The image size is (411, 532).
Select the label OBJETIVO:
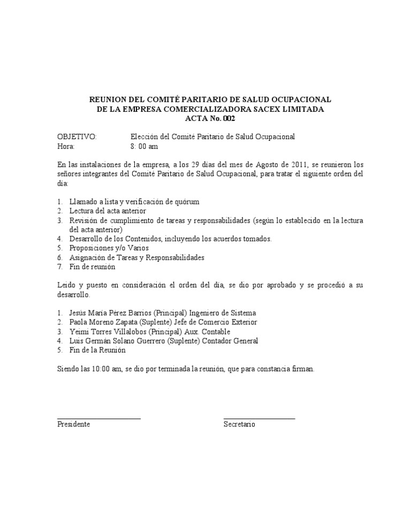[x=77, y=137]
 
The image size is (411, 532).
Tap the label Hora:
[x=66, y=147]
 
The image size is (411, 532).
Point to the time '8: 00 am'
[x=144, y=147]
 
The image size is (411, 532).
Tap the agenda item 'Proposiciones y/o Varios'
[x=109, y=248]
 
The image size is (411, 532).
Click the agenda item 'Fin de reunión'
[x=92, y=267]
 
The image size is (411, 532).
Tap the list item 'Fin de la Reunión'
[x=97, y=350]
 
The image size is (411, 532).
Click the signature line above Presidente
[x=98, y=417]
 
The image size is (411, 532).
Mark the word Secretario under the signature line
[x=239, y=424]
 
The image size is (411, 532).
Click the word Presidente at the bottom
[x=73, y=424]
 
